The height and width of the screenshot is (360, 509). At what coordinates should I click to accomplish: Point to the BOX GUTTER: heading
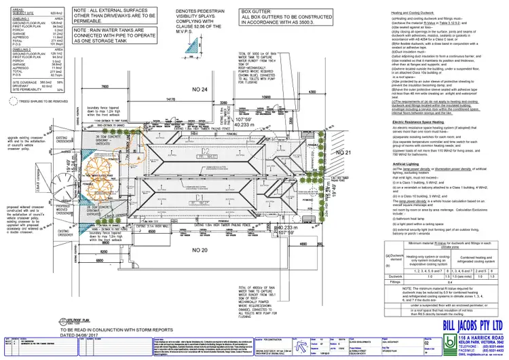coord(256,12)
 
